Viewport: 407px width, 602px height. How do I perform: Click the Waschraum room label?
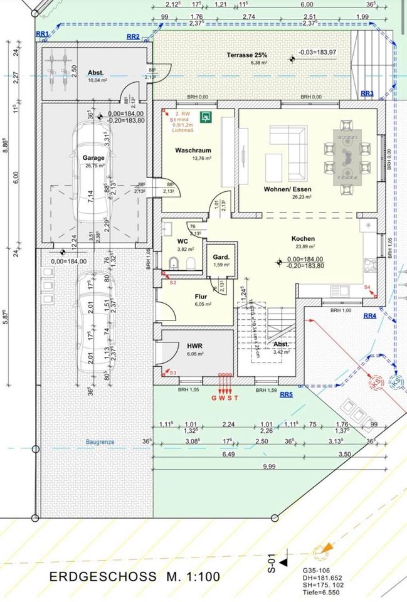[193, 150]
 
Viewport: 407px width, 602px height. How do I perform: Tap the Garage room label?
[94, 158]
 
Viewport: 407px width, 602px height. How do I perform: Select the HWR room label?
[193, 346]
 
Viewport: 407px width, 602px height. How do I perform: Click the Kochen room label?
[303, 238]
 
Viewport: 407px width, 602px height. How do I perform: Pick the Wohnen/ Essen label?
[288, 188]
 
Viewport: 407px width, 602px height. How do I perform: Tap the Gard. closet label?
[220, 258]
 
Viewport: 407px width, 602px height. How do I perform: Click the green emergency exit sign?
[204, 116]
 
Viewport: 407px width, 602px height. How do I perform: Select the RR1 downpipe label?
[42, 33]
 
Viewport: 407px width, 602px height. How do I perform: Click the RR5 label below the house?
[286, 394]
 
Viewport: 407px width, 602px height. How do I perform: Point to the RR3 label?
[367, 93]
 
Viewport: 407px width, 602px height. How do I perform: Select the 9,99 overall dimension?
[269, 466]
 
